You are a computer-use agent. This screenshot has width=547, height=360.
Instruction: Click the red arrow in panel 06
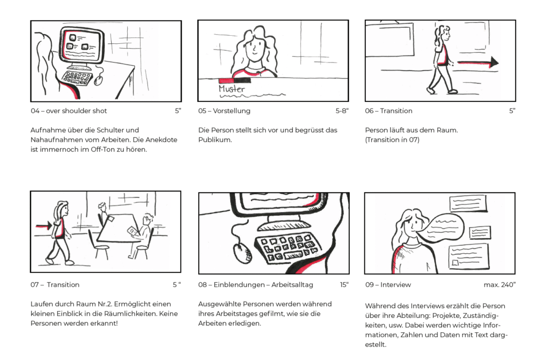[478, 62]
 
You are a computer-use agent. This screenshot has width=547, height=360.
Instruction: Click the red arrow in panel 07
[44, 226]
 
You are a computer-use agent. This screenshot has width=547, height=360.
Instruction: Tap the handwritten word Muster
[232, 89]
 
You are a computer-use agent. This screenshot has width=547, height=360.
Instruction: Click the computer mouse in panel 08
[242, 253]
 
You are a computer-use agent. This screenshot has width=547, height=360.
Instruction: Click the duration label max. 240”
[499, 285]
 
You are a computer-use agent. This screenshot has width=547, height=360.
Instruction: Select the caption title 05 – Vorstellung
[224, 111]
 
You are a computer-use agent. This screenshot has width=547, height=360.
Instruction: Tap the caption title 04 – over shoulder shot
[69, 111]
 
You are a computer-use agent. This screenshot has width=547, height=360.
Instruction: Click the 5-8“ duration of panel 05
[342, 111]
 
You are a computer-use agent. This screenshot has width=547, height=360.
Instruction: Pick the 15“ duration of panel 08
[345, 285]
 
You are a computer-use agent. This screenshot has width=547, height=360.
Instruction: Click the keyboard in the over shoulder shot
[77, 78]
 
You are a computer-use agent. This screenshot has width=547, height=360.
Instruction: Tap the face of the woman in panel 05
[255, 49]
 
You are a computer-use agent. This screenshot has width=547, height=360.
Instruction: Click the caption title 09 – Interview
[388, 285]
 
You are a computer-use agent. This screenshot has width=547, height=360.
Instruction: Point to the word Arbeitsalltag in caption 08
[292, 285]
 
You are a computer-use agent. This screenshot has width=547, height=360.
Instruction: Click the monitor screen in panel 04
[82, 45]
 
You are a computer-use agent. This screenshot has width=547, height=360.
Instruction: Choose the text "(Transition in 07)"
[392, 140]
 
